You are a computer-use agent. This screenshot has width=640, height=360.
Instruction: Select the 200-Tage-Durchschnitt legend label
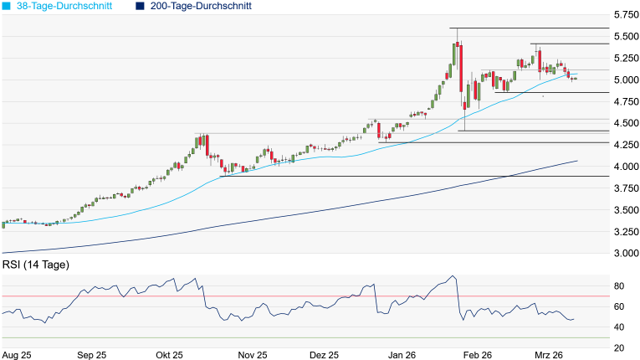pyautogui.click(x=199, y=6)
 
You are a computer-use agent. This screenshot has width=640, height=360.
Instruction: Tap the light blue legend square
pyautogui.click(x=6, y=6)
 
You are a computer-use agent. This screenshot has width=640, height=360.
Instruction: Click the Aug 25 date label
pyautogui.click(x=18, y=355)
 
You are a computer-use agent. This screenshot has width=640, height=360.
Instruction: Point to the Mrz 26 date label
pyautogui.click(x=550, y=355)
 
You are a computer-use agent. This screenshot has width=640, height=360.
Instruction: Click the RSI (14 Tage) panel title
pyautogui.click(x=36, y=265)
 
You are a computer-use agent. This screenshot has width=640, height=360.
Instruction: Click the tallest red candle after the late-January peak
pyautogui.click(x=461, y=67)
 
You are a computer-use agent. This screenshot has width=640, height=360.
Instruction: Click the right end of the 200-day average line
pyautogui.click(x=577, y=161)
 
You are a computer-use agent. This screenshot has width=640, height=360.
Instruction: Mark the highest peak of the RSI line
pyautogui.click(x=453, y=275)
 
